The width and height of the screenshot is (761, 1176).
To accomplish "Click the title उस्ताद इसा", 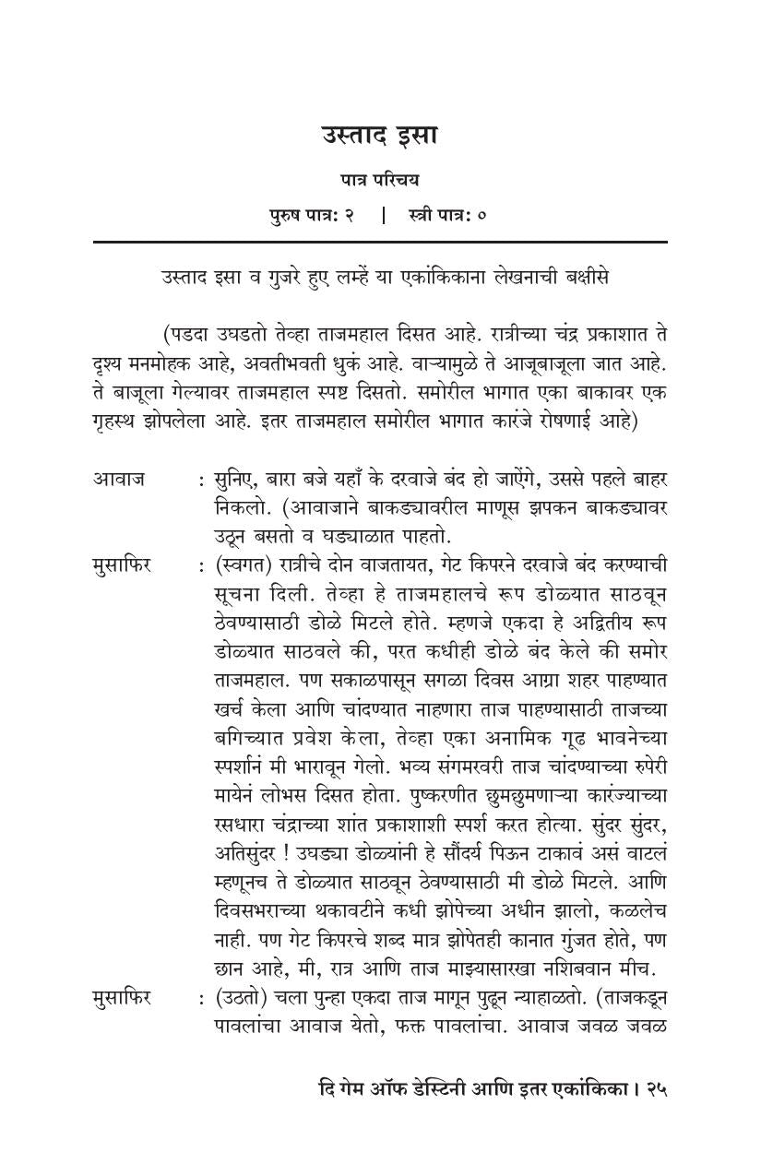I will pyautogui.click(x=379, y=136).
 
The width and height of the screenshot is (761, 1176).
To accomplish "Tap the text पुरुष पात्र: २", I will pyautogui.click(x=312, y=216).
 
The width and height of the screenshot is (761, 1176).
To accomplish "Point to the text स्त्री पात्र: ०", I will pyautogui.click(x=447, y=216).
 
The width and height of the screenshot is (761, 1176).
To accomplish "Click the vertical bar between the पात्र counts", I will pyautogui.click(x=383, y=216).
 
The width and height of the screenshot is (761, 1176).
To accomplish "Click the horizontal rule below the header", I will pyautogui.click(x=379, y=242).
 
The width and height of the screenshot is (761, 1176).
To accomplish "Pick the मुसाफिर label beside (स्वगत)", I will pyautogui.click(x=122, y=564).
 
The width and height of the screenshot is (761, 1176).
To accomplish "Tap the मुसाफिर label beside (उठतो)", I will pyautogui.click(x=122, y=997).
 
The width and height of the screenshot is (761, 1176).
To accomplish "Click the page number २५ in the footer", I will pyautogui.click(x=655, y=1089).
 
